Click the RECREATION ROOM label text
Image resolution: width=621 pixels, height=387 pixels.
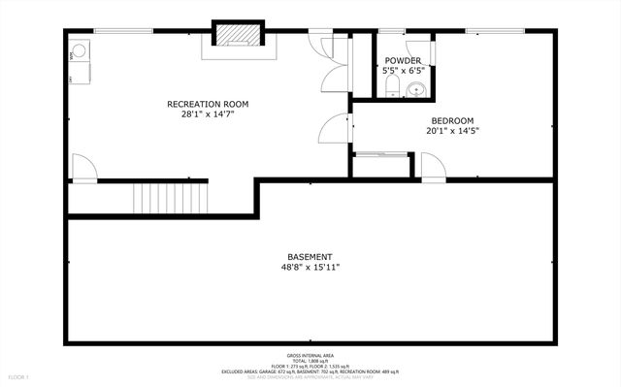208,104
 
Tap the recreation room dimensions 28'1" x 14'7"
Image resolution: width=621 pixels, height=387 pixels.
208,113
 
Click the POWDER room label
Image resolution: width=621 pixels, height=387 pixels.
402,60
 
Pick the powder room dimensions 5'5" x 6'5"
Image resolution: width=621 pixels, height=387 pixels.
402,70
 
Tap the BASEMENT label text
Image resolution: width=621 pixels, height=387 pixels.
310,257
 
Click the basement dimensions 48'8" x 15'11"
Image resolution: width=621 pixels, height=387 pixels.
310,267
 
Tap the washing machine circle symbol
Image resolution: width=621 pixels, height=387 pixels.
79,50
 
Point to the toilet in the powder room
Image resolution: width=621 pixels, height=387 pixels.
390,88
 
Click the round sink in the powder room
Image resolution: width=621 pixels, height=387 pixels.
416,90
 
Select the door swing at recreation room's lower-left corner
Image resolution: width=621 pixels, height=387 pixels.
82,169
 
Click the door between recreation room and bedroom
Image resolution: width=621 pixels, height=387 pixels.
336,128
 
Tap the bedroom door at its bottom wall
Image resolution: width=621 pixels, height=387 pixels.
433,168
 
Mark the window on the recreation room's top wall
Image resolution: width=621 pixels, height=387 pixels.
123,31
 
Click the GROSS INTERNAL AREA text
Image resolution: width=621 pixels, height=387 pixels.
310,356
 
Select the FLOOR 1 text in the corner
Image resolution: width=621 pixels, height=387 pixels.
18,375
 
